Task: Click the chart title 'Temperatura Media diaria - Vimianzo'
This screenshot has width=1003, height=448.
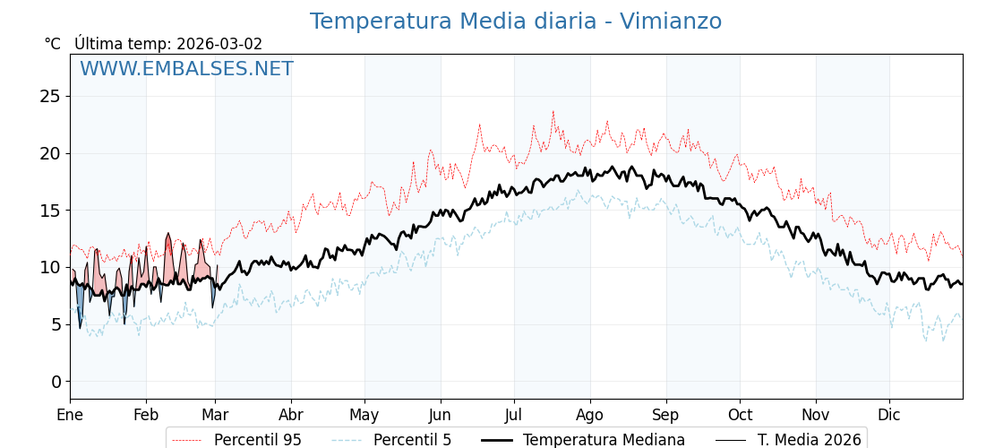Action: click(x=515, y=22)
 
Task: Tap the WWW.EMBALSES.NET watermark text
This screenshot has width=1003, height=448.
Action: click(x=186, y=69)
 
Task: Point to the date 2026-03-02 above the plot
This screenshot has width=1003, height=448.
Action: click(x=219, y=44)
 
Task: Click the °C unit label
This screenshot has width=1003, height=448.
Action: click(x=53, y=44)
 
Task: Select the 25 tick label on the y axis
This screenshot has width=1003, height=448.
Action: click(x=50, y=96)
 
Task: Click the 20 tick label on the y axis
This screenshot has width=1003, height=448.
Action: click(x=50, y=153)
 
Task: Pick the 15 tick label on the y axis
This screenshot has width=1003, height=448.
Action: click(x=50, y=211)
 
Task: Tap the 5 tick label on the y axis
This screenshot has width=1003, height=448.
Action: click(x=56, y=324)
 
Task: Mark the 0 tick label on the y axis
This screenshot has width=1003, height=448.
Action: click(x=56, y=382)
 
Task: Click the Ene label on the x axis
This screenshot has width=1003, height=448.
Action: click(x=70, y=415)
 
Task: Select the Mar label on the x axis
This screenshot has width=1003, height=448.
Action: click(x=215, y=415)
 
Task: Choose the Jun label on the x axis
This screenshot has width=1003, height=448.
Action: click(x=440, y=415)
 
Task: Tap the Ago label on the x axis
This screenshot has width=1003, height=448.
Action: click(x=589, y=415)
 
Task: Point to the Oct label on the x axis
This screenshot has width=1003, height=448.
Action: click(x=740, y=415)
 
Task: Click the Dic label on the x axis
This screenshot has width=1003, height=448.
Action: click(x=889, y=415)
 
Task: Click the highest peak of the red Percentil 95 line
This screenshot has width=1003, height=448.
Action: click(x=553, y=112)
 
